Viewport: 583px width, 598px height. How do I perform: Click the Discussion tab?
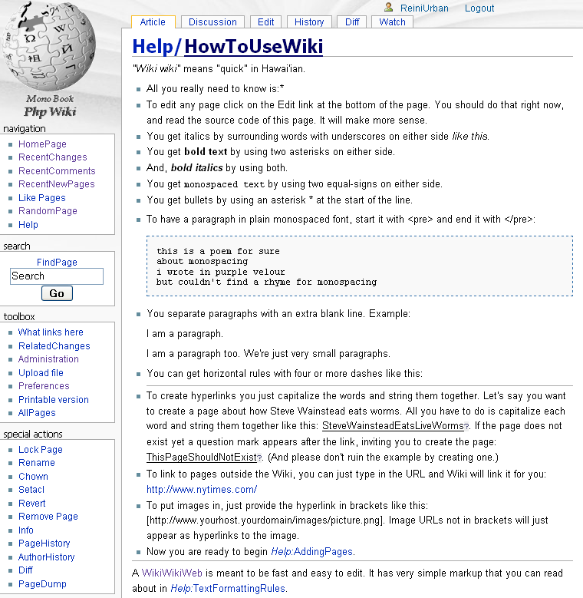[212, 22]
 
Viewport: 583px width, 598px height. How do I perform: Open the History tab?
[309, 22]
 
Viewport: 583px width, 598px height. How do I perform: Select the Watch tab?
[392, 22]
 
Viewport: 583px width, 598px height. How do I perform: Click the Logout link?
[479, 8]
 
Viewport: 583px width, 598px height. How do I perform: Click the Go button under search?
[57, 293]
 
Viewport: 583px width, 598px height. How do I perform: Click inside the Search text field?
[57, 276]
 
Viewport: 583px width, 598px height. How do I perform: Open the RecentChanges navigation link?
[52, 157]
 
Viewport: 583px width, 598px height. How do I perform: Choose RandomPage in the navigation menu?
[48, 211]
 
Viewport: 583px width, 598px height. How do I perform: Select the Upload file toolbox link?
[41, 373]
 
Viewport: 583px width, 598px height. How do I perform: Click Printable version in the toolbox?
[53, 400]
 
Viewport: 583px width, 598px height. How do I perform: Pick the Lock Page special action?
[41, 450]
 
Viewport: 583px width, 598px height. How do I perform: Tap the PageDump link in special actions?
[42, 584]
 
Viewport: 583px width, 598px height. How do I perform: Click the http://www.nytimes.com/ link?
[202, 489]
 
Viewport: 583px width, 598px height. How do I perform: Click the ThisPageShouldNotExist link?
[201, 457]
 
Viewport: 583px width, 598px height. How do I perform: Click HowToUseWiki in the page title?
[253, 47]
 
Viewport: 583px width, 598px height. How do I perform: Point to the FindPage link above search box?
[57, 263]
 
